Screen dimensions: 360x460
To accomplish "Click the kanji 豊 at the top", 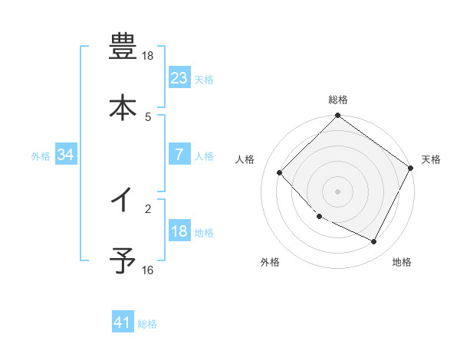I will click(x=123, y=47).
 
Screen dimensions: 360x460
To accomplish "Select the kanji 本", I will click(x=123, y=106).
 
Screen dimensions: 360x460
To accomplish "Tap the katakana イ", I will click(x=123, y=201).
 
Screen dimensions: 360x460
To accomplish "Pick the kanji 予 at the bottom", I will click(x=123, y=261).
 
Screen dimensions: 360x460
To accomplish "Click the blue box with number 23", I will click(x=179, y=77).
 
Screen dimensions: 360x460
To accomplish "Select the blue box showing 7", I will click(x=179, y=155).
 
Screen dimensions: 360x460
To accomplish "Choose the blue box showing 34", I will click(x=66, y=155).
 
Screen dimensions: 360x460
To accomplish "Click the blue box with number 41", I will click(x=123, y=322).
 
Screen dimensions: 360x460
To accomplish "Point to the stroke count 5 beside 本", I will click(x=148, y=116).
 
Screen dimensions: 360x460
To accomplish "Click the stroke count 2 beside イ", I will click(x=148, y=208).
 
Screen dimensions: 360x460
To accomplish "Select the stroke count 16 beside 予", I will click(x=147, y=270).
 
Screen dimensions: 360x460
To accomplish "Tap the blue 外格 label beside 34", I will click(x=41, y=155).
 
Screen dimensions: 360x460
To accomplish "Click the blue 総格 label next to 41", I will click(x=147, y=324).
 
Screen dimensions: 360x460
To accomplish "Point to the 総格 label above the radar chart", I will click(x=338, y=100).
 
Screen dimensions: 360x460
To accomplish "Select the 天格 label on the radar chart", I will click(x=431, y=159).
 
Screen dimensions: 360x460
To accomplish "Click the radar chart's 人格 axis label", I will click(x=245, y=159).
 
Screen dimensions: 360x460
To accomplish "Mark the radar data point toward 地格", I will click(x=374, y=242).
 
